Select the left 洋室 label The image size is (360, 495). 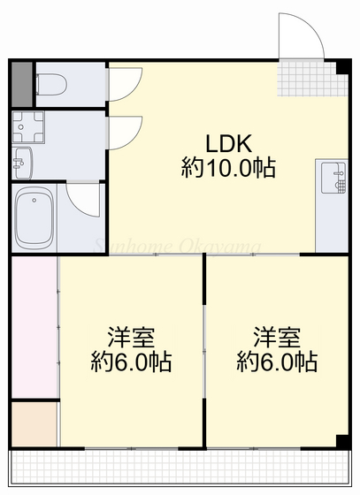(131, 337)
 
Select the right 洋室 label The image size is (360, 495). (276, 337)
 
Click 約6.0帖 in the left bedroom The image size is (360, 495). (131, 362)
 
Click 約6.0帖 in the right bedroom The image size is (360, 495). (276, 362)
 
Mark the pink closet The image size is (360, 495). (34, 327)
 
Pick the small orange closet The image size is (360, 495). (34, 423)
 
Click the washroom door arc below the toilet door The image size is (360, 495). (121, 133)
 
